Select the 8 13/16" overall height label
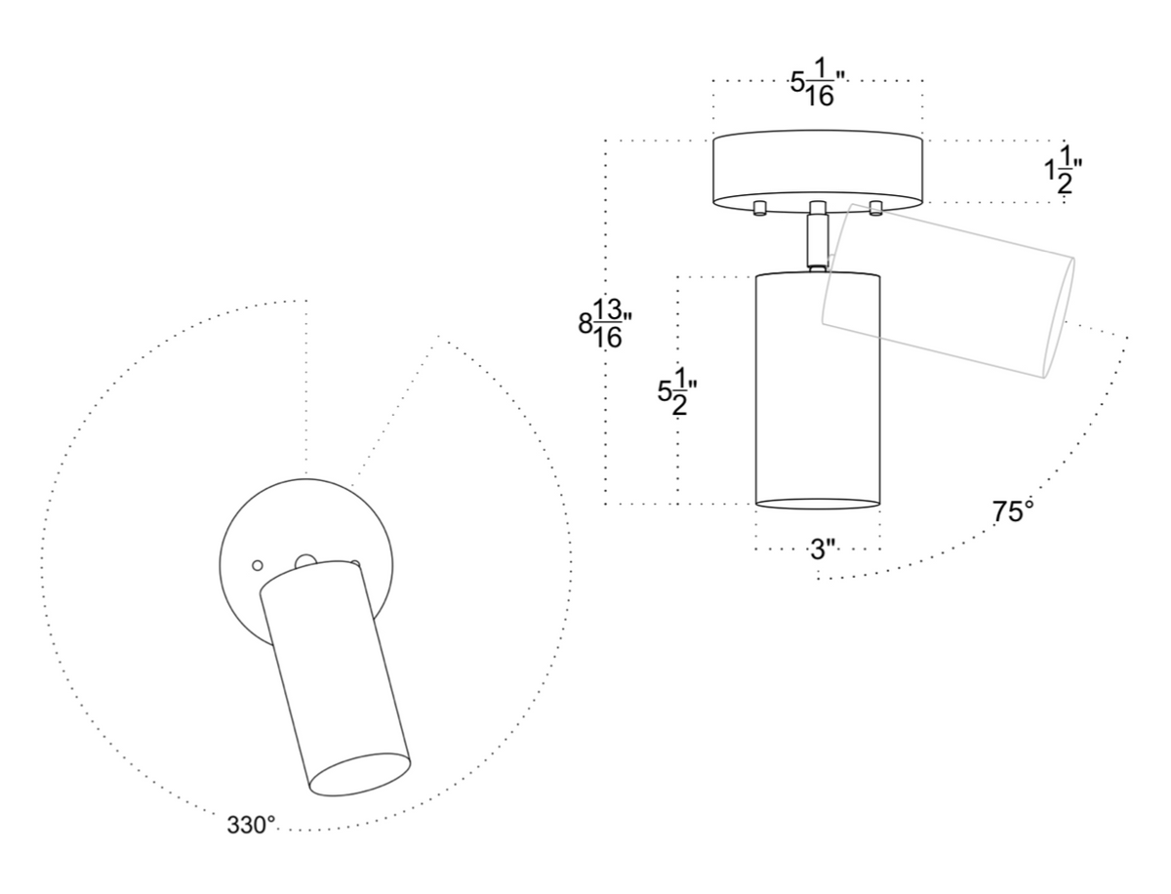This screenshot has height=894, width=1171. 606,323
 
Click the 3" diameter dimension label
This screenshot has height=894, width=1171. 819,549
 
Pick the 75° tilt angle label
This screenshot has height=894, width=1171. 1013,511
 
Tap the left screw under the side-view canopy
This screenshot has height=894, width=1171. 758,207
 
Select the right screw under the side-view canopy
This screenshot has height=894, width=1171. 875,207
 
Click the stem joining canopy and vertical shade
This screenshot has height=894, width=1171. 817,239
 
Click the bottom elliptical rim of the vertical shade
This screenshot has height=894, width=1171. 819,503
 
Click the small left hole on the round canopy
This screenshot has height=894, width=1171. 258,565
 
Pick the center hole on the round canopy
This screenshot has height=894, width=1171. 304,560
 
